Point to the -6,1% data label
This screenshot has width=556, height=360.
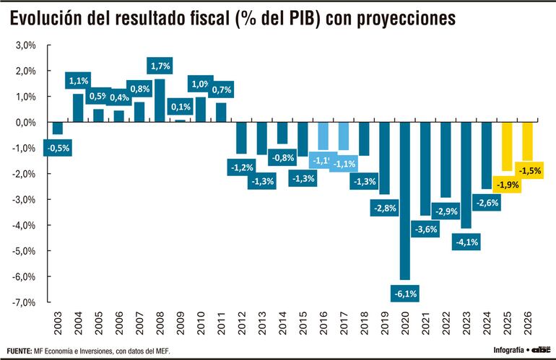[x=405, y=293]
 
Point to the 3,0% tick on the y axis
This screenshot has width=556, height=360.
[x=26, y=45]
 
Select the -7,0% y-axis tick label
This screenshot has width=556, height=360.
[x=25, y=302]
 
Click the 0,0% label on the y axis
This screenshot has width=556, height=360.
[x=26, y=122]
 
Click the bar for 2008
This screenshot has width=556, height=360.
[x=160, y=100]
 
